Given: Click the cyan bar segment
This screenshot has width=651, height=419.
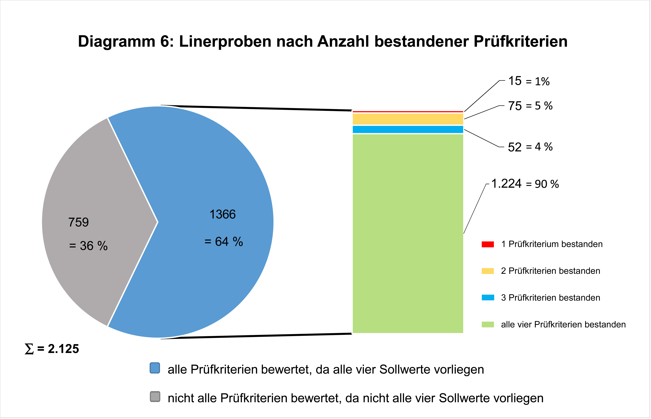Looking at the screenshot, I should point(408,130).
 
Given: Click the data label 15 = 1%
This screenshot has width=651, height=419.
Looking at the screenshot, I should point(529,81).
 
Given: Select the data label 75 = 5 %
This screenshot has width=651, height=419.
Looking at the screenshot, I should point(530,106).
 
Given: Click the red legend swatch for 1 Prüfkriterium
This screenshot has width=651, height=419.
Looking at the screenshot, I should point(488,244).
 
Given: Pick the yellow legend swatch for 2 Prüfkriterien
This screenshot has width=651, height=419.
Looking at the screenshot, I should point(488,271).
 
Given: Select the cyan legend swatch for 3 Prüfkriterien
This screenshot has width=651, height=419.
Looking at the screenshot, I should point(488,298).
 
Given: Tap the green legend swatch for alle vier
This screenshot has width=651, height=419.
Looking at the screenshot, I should point(488,325).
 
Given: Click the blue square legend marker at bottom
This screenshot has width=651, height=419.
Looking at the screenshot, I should point(155,368).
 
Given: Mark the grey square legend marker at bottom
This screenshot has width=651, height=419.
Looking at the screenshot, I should point(155,397).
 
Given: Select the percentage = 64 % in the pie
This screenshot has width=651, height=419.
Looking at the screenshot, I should point(223,242).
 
